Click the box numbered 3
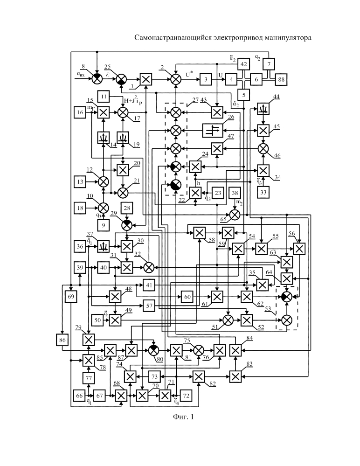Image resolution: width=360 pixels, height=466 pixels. coord(205,80)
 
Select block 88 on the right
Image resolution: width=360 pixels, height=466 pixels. coord(281,80)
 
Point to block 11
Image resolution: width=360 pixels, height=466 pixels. coord(104,97)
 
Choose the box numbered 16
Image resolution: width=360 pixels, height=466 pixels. coord(80,112)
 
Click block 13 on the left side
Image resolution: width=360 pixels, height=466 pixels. coord(80,181)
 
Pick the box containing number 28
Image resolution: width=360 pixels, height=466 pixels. coord(127,207)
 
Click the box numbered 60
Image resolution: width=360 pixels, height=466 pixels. coord(187,296)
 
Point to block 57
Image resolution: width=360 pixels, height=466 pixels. coord(149,306)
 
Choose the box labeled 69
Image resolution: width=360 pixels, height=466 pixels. coord(71,297)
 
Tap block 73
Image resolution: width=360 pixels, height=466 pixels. coord(155,376)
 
